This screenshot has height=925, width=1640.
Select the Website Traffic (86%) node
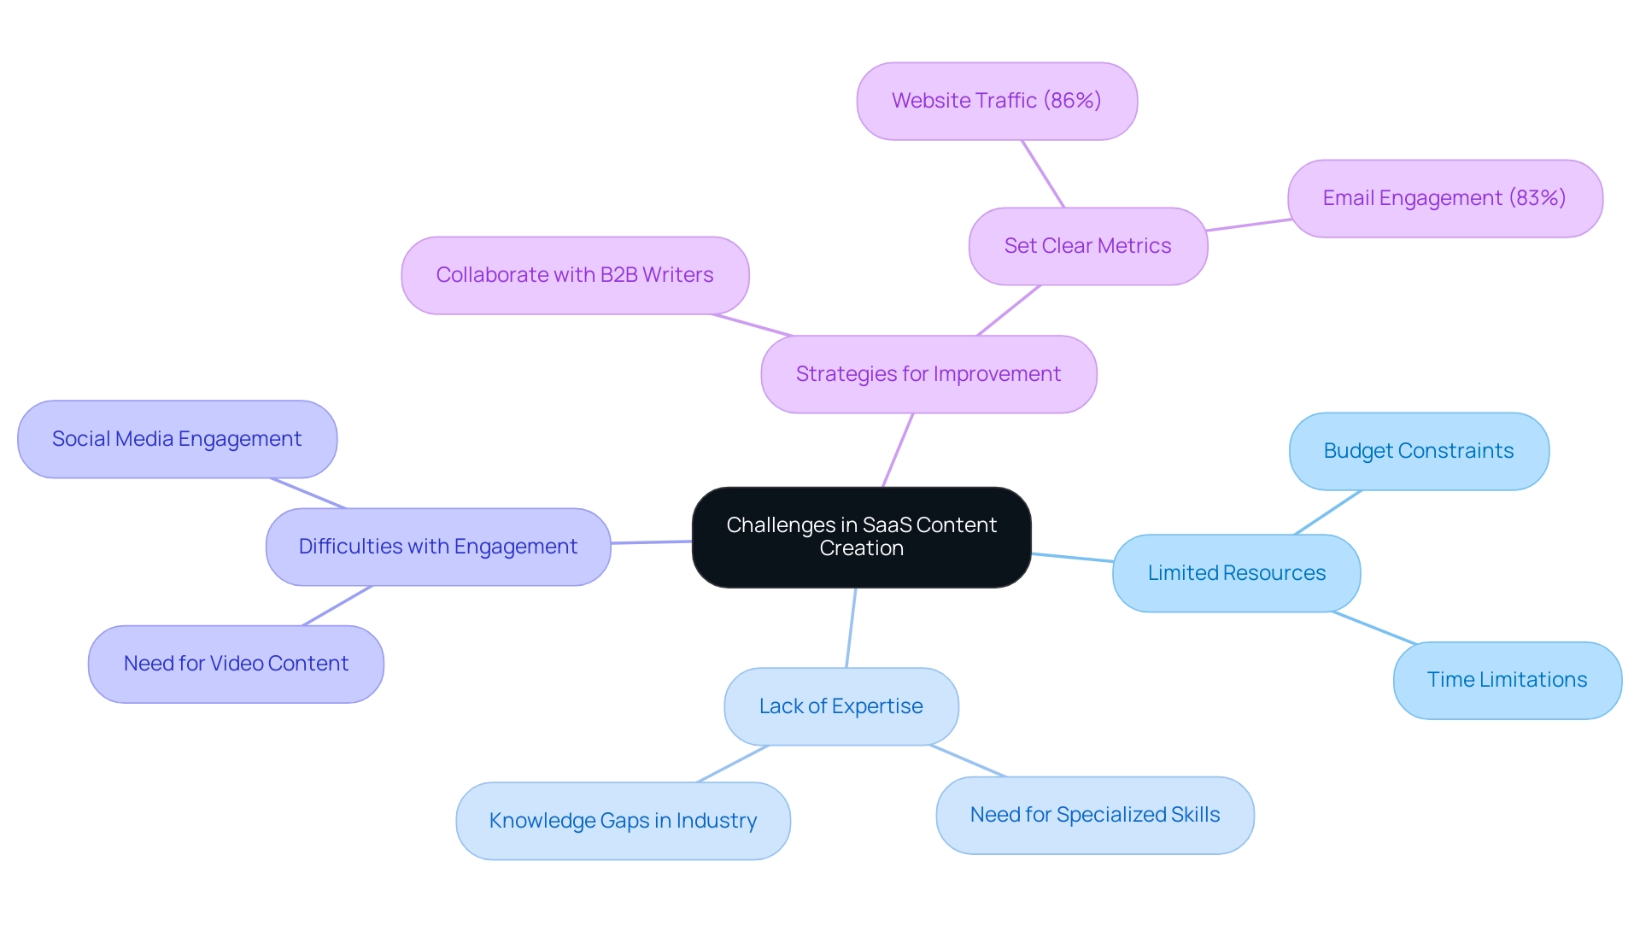(x=997, y=101)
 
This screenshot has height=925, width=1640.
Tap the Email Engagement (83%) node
(x=1444, y=198)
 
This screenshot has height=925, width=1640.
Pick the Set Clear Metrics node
(x=1087, y=246)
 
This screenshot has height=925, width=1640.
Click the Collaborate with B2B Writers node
(x=575, y=275)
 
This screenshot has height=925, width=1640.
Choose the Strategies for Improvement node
(x=928, y=374)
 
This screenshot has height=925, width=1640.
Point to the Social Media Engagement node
(x=177, y=439)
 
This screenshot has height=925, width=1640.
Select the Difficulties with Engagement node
(x=437, y=547)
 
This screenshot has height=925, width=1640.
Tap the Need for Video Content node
(x=236, y=664)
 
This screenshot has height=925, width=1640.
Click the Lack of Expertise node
(x=840, y=706)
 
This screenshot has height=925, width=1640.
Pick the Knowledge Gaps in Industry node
(x=623, y=821)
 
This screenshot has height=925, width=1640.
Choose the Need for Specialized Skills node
(x=1094, y=815)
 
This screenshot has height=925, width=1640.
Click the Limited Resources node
(x=1236, y=573)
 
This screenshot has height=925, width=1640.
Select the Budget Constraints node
(x=1418, y=451)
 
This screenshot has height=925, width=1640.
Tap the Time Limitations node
(x=1507, y=680)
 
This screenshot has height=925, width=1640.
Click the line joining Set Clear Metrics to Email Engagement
(x=1248, y=225)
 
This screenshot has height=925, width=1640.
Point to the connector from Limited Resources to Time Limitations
(x=1373, y=627)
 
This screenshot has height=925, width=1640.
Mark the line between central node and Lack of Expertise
(x=851, y=628)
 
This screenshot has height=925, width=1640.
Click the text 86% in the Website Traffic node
(x=1073, y=101)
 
